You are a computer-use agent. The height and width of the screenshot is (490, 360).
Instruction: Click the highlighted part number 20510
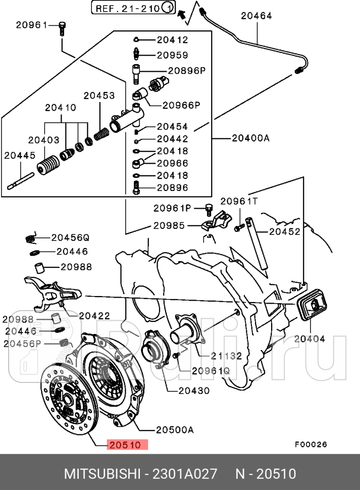126,445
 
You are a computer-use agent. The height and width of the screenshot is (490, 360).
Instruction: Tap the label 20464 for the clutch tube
256,16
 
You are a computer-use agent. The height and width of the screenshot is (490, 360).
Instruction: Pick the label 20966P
181,105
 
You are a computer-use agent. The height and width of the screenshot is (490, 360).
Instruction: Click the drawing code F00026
311,445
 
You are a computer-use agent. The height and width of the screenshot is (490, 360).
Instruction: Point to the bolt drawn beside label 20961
62,28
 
